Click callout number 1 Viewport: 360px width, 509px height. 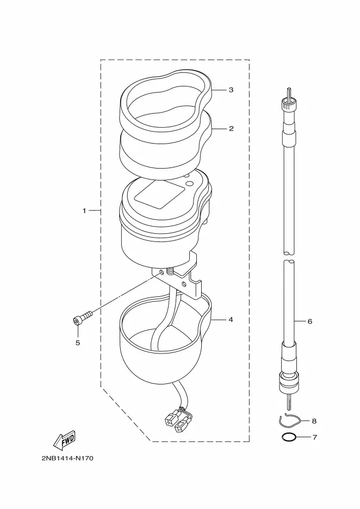click(84, 211)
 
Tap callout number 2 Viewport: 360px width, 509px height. click(231, 128)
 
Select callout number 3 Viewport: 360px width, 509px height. click(231, 90)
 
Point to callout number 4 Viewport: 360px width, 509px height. click(231, 320)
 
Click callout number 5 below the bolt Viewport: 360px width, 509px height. click(78, 343)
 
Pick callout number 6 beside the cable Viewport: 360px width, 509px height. click(309, 321)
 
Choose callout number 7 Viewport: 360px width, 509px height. click(314, 437)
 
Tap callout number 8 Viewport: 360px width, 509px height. click(314, 421)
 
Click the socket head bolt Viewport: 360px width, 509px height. click(82, 318)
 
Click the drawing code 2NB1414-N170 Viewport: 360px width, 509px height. click(67, 458)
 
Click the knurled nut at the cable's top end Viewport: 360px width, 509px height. click(289, 105)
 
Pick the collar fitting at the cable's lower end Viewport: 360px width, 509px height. click(288, 382)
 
